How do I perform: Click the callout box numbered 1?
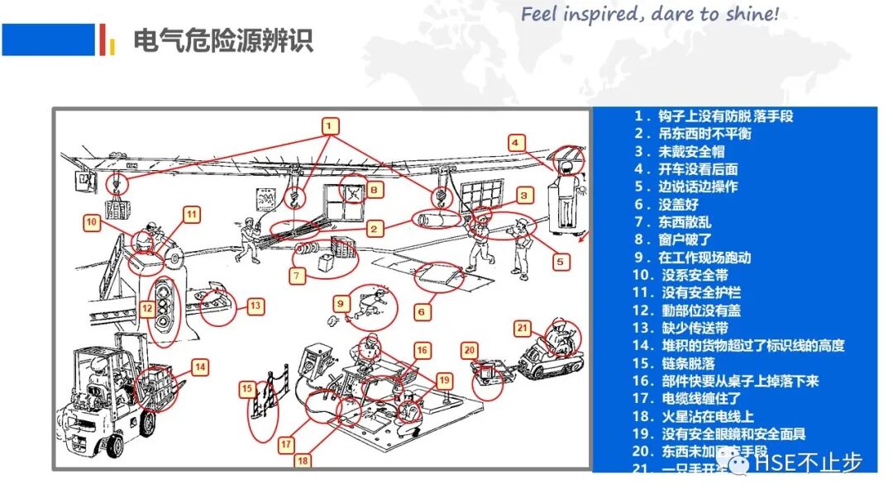(329, 125)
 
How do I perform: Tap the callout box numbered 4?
(516, 142)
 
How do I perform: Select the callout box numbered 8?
(374, 190)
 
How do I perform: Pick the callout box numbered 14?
(201, 366)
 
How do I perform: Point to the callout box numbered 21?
(523, 327)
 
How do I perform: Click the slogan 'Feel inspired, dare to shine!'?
(650, 14)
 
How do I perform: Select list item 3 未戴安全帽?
(684, 151)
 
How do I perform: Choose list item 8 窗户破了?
(684, 240)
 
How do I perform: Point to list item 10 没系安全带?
(693, 275)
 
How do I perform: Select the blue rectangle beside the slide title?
(48, 39)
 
